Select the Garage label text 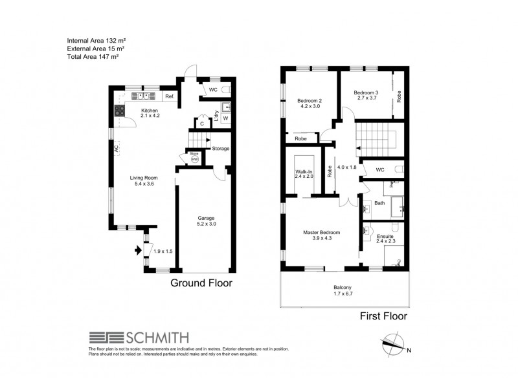pos(206,219)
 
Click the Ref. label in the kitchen pos(170,97)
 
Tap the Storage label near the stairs pos(221,149)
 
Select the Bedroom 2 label pos(310,101)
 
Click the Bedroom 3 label pos(366,93)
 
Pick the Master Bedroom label pos(322,232)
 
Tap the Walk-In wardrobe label pos(304,171)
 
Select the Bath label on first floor pos(379,203)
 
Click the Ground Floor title pos(201,283)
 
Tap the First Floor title pos(383,316)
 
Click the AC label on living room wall pos(116,148)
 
